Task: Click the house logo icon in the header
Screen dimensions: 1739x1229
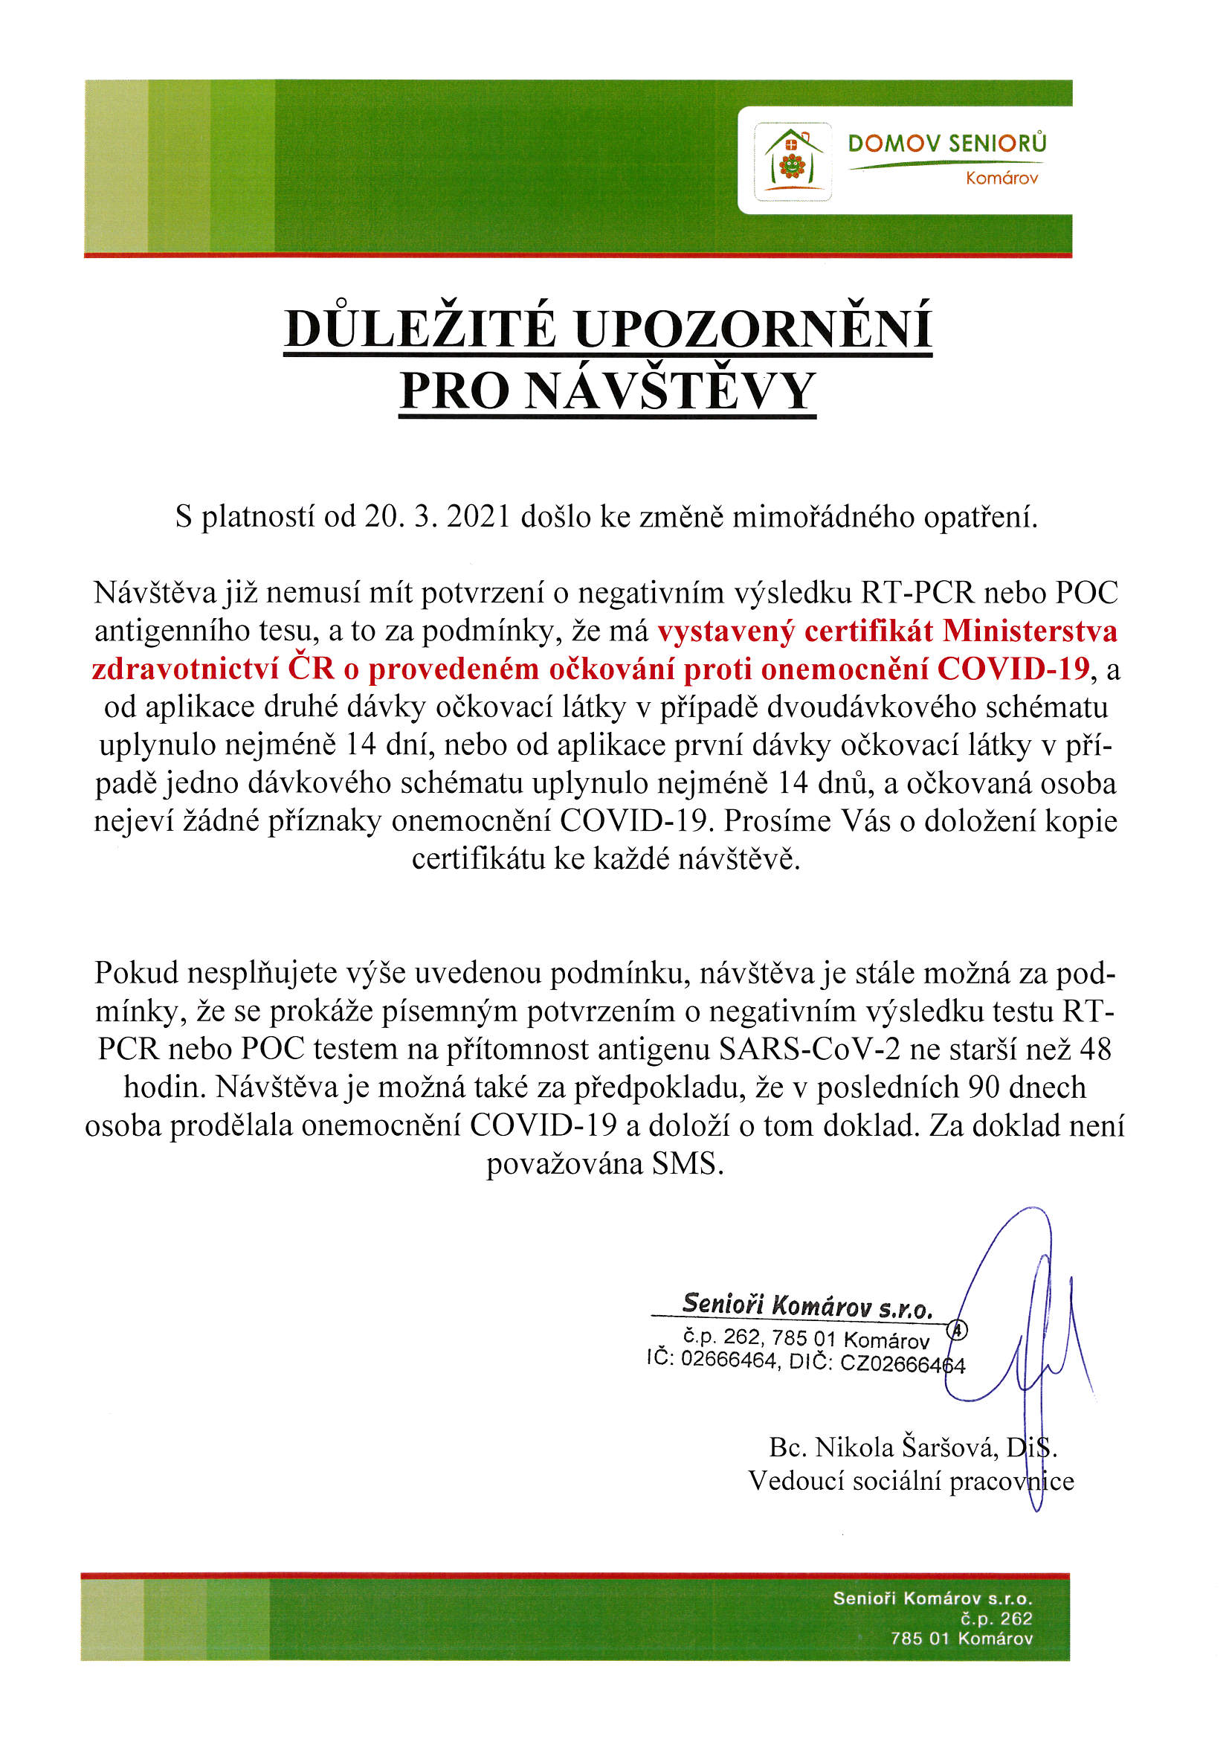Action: click(792, 161)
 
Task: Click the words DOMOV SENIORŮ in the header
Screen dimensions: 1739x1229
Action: click(946, 143)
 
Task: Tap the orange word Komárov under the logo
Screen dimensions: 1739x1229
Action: click(1001, 179)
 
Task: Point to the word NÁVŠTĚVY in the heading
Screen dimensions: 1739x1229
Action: click(669, 391)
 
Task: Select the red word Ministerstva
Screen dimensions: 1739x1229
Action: click(1029, 631)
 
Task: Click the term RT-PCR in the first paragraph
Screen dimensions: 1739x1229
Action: click(917, 592)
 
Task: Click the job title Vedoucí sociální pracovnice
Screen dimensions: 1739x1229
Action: click(910, 1481)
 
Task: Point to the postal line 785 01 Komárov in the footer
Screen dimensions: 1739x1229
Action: click(961, 1639)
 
